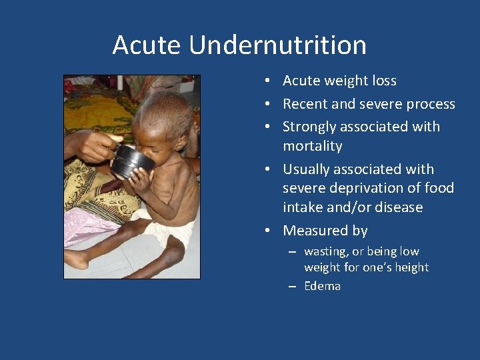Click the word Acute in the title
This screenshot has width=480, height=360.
147,45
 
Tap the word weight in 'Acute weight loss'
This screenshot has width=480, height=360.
347,81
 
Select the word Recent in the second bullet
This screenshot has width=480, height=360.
305,104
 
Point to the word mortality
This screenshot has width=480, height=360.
312,146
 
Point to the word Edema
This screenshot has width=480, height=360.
322,286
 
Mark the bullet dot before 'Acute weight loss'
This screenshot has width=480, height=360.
266,81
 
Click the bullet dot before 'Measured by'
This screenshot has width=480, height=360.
266,231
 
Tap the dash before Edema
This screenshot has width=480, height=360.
292,287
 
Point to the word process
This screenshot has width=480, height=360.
431,104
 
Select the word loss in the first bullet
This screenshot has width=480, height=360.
385,81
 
